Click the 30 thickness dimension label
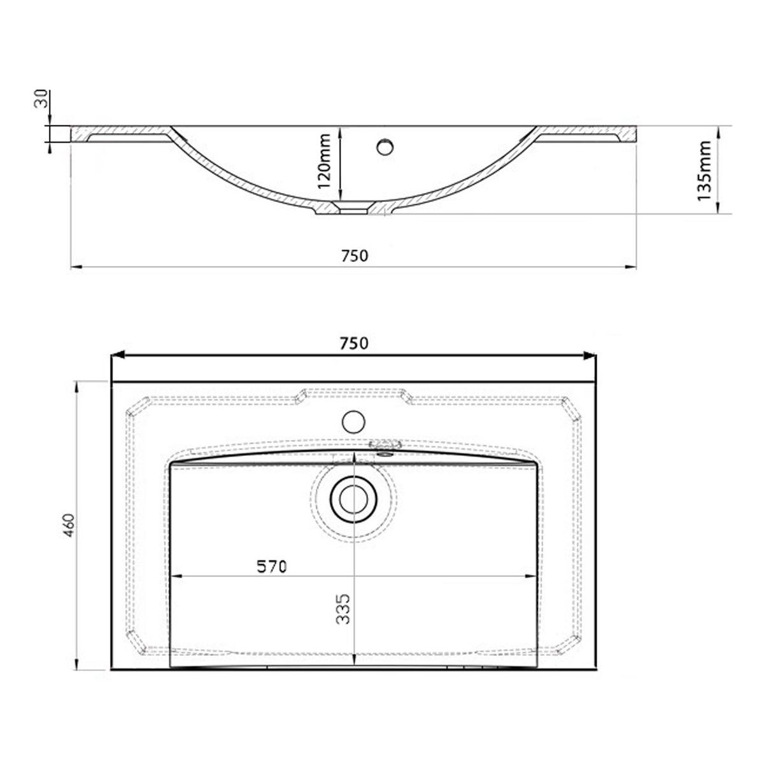[x=42, y=98]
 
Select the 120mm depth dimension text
[x=324, y=161]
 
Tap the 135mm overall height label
[x=704, y=171]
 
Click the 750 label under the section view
[x=355, y=256]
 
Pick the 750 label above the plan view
[x=353, y=343]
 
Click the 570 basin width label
[x=272, y=567]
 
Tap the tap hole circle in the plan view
[x=353, y=421]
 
